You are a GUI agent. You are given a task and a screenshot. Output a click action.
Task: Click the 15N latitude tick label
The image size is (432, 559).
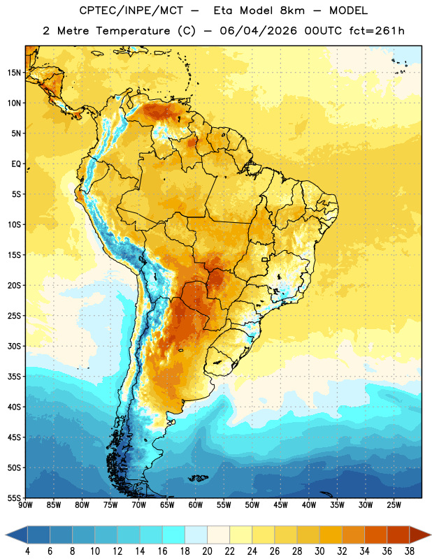[14, 73]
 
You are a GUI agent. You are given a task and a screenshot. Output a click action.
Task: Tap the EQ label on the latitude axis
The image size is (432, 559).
[16, 164]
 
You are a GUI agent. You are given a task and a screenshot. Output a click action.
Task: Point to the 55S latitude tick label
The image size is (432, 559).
[14, 498]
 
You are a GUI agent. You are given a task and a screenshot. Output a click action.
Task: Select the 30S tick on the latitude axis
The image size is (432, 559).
[14, 346]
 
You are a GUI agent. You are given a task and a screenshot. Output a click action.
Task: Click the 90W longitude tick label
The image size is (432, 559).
[25, 505]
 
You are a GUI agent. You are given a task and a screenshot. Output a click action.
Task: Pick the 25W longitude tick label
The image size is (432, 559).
[394, 505]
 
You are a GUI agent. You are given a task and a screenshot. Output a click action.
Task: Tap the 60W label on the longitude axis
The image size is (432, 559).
[196, 505]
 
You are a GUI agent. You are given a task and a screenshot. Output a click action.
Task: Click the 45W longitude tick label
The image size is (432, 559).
[280, 505]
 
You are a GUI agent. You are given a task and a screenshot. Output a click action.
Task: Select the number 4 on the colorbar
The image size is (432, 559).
[27, 551]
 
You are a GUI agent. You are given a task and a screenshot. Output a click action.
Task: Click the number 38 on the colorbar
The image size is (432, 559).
[410, 551]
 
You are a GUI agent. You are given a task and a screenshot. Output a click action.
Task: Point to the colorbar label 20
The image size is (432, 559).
[207, 551]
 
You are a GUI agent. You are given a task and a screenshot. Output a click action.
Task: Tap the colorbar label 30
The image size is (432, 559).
[319, 551]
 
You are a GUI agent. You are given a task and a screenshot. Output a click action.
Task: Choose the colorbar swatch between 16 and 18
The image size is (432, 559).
[174, 535]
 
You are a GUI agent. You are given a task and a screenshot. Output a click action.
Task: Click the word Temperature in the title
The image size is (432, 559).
[133, 31]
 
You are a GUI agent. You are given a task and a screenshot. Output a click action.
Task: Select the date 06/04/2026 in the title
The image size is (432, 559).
[258, 31]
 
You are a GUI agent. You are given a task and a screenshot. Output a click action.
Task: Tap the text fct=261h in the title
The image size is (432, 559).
[377, 31]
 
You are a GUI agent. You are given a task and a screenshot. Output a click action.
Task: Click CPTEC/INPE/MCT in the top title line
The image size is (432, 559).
[131, 10]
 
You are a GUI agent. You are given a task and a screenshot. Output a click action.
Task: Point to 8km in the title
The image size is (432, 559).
[292, 10]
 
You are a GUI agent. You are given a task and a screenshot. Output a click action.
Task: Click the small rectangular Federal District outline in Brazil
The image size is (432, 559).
[265, 259]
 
